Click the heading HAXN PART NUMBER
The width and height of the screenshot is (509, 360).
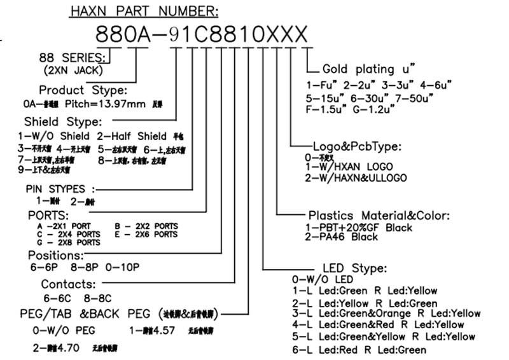[144, 11]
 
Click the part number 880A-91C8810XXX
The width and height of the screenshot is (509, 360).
[202, 33]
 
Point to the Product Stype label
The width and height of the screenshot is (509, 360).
[83, 90]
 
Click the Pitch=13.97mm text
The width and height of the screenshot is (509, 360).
[106, 103]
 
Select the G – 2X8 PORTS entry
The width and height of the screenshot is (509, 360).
[69, 242]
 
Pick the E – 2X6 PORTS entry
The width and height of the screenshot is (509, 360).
[146, 234]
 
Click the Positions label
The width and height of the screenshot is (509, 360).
[56, 255]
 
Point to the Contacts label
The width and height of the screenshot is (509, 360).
[68, 284]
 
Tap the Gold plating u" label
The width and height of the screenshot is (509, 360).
[369, 69]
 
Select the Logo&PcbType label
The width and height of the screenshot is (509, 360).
[357, 146]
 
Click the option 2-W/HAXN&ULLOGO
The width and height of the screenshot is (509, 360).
[356, 177]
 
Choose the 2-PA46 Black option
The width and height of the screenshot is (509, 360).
[342, 237]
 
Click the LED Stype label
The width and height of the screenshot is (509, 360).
[354, 268]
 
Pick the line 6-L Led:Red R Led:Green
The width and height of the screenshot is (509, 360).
[359, 349]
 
